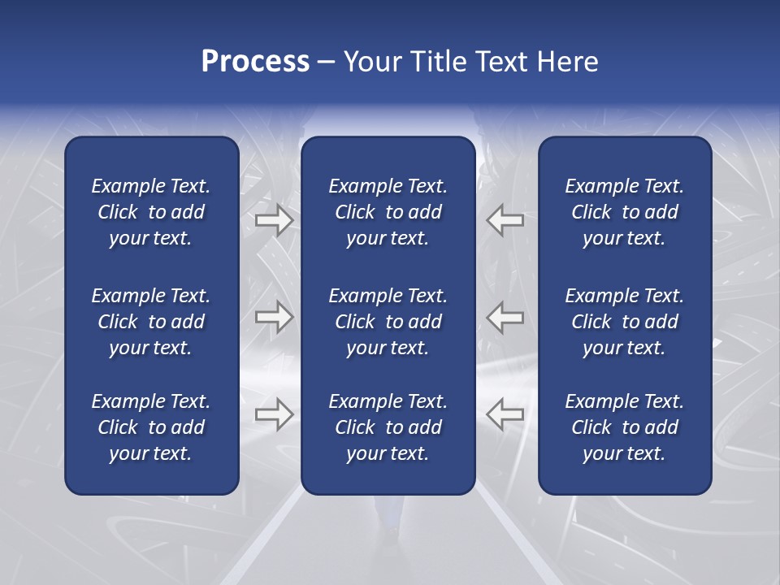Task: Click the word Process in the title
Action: point(255,62)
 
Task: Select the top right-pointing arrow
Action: point(274,219)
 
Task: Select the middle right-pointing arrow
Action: point(274,317)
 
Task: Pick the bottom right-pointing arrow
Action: point(274,414)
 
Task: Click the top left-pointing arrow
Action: point(505,219)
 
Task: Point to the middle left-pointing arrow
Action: point(505,317)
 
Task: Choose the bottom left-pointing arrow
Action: point(505,414)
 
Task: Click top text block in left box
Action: point(151,212)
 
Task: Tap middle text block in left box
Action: point(151,322)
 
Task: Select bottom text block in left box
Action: point(151,427)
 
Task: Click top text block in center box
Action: point(388,212)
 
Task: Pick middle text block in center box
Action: point(388,322)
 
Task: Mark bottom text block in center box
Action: point(388,427)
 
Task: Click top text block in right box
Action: point(624,212)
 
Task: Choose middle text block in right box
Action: point(624,322)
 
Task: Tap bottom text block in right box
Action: point(624,427)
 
